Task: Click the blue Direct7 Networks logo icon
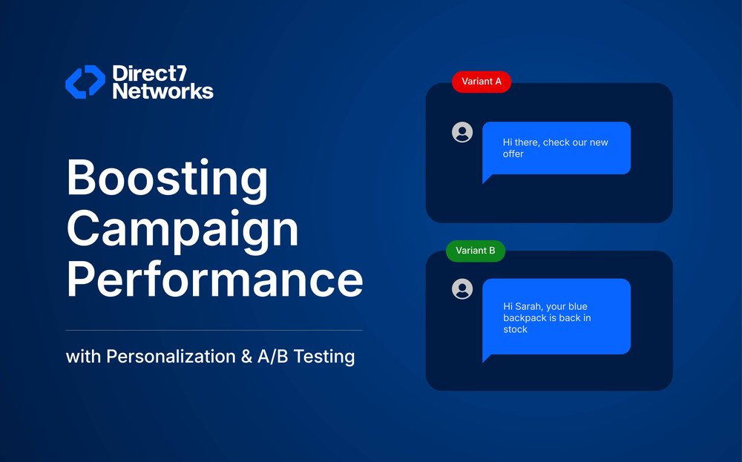click(85, 82)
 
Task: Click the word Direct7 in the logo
click(150, 73)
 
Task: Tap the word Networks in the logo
click(162, 90)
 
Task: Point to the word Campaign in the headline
click(183, 230)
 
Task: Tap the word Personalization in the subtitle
click(171, 356)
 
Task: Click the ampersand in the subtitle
click(246, 357)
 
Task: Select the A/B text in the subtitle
click(272, 357)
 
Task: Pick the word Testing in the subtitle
click(324, 357)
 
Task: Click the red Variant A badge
click(482, 82)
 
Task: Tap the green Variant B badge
click(476, 251)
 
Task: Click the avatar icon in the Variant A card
click(462, 132)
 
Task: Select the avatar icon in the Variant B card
click(462, 288)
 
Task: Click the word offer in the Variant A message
click(513, 154)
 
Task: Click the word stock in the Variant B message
click(515, 329)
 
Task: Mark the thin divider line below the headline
click(214, 330)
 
